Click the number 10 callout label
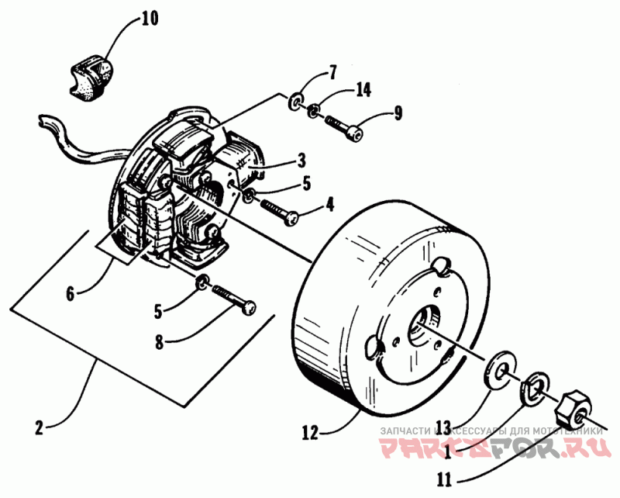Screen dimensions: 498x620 [149, 18]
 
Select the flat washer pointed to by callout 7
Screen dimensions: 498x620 [296, 102]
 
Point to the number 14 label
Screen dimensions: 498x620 [363, 91]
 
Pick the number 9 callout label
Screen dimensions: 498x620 [398, 114]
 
